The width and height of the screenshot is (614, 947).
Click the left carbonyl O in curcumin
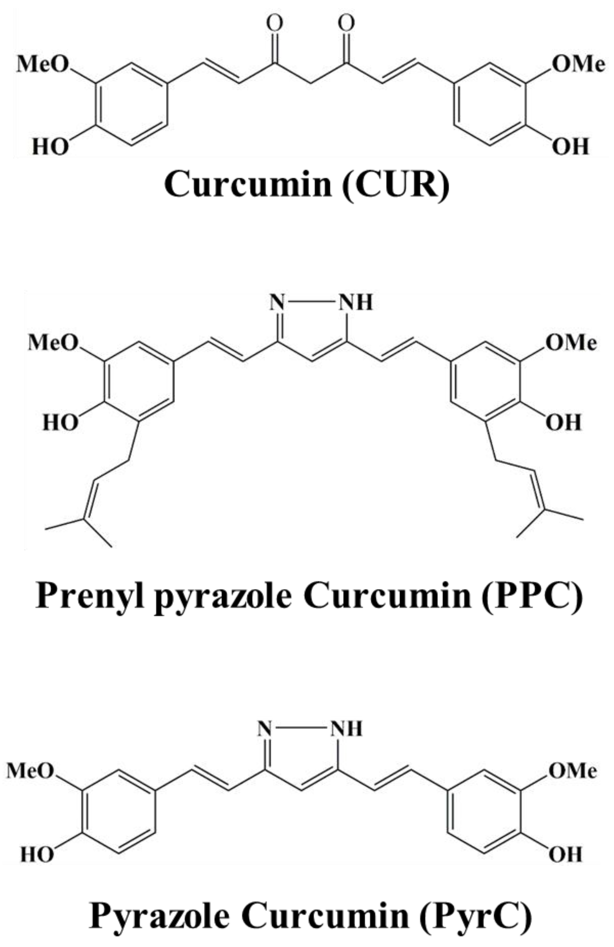coord(275,24)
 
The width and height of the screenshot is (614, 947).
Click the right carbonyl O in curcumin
coord(346,24)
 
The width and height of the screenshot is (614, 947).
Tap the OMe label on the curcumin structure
coord(578,64)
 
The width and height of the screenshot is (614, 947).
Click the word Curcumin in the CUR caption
coord(248,184)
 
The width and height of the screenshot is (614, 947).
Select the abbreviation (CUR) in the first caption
coord(396,184)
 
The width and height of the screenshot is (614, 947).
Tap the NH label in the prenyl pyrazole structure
coord(355,303)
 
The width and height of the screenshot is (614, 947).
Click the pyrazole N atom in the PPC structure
coord(277,303)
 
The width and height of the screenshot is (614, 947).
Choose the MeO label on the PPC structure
coord(53,343)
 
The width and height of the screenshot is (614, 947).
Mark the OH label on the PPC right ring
coord(564,422)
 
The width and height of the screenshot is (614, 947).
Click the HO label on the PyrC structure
coord(37,855)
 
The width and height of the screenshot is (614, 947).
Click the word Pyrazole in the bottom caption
coord(160,905)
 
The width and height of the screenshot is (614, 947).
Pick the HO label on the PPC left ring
coord(60,422)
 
